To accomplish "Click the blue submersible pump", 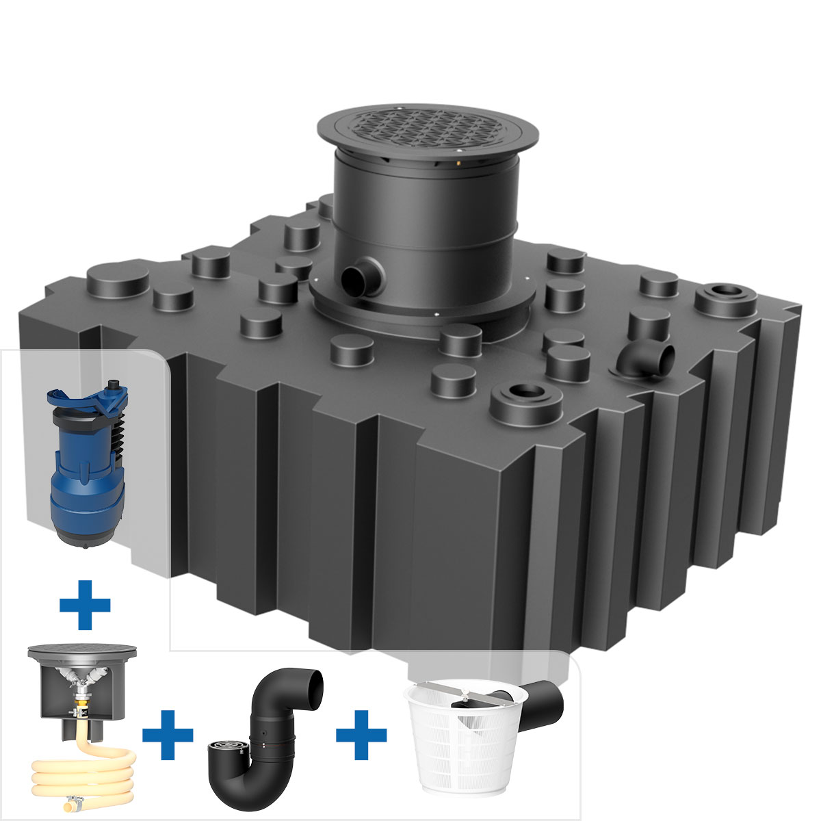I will click(86, 472).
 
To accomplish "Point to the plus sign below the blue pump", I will click(85, 604).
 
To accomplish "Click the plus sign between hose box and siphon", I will click(168, 735).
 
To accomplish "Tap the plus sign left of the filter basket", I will click(361, 735).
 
